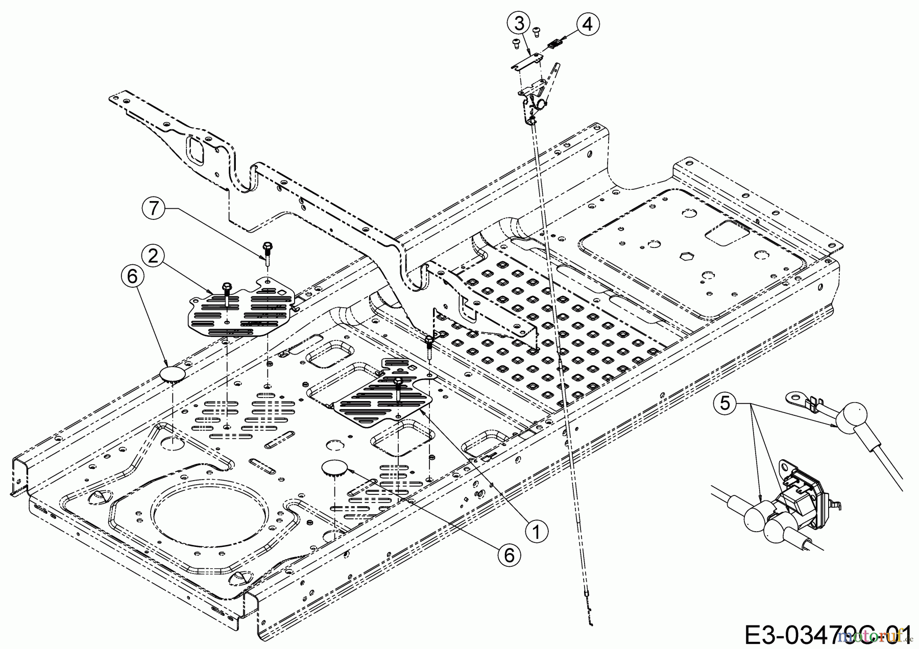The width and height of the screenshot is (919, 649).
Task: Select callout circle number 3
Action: [518, 23]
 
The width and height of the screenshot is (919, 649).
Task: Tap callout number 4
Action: [588, 23]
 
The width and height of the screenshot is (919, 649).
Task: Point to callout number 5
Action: [724, 404]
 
